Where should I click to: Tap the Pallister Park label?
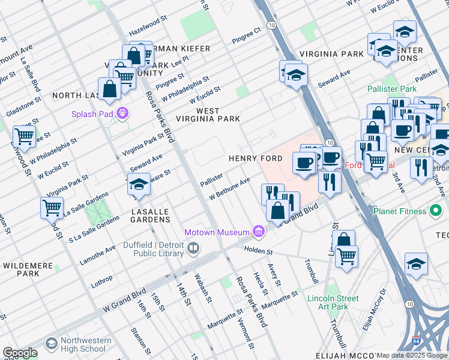[x=391, y=89]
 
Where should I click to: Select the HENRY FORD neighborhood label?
[x=255, y=158]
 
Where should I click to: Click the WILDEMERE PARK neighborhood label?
[x=21, y=269]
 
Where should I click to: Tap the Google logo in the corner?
[x=20, y=353]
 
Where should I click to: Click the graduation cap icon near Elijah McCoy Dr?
[x=415, y=263]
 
